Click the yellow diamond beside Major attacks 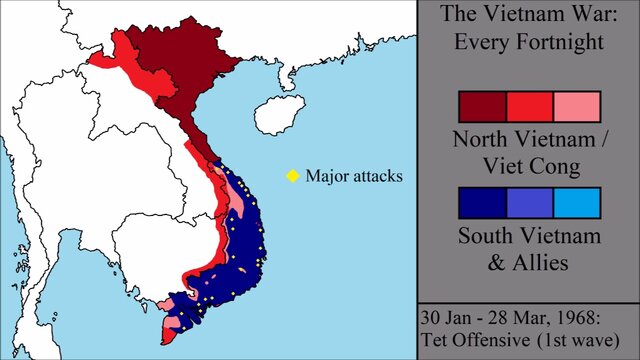293,176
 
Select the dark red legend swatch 482,106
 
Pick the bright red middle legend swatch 529,106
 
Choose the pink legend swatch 576,106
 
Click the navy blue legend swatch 482,202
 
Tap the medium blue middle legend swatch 529,202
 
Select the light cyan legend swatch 576,202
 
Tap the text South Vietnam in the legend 529,236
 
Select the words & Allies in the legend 529,263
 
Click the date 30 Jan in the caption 446,316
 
